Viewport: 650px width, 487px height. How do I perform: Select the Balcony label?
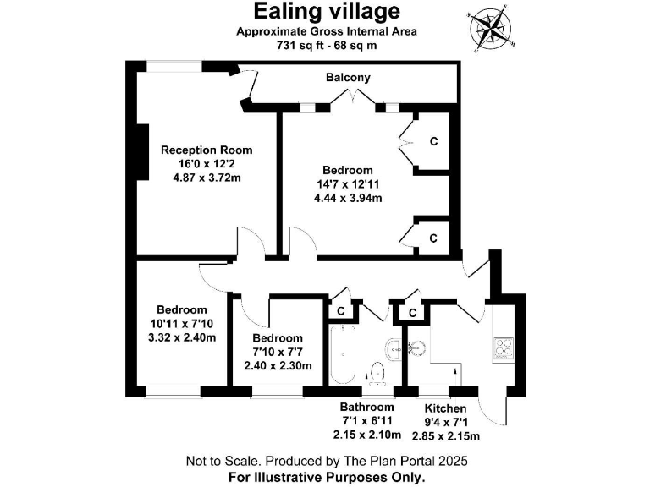point(348,78)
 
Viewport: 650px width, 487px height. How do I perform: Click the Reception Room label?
point(207,150)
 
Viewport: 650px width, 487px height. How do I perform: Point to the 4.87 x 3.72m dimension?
point(207,178)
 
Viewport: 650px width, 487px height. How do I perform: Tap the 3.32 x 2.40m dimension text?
point(181,337)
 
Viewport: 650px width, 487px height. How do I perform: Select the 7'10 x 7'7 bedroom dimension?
point(278,353)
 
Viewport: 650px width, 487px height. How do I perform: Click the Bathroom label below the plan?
point(368,408)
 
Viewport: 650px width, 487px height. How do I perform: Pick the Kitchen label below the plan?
point(445,408)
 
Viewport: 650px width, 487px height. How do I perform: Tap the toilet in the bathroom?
point(378,373)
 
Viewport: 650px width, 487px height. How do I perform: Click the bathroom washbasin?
point(394,347)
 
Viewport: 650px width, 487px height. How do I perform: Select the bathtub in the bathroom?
point(337,355)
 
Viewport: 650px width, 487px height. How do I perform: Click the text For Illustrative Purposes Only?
point(327,477)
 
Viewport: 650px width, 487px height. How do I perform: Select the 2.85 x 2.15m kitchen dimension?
point(445,436)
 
